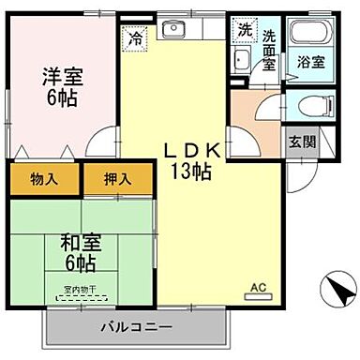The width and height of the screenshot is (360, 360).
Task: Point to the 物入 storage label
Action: coord(45,178)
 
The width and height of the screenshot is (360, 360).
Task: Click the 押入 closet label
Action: coord(117,178)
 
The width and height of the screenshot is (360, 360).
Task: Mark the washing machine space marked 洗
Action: coord(244,29)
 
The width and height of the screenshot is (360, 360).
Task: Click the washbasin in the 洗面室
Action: coord(241,62)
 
